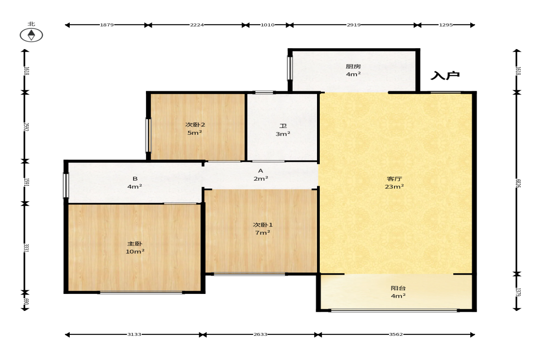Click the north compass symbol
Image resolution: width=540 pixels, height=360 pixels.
pyautogui.click(x=31, y=35)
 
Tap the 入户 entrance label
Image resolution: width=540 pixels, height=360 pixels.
pyautogui.click(x=445, y=75)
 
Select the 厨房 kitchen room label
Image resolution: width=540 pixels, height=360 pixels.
pyautogui.click(x=353, y=66)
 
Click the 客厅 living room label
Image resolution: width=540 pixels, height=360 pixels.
pyautogui.click(x=394, y=178)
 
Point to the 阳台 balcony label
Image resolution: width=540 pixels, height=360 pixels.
pyautogui.click(x=398, y=288)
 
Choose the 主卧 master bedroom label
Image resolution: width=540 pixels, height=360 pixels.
pyautogui.click(x=134, y=244)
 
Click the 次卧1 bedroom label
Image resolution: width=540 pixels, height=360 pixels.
pyautogui.click(x=263, y=225)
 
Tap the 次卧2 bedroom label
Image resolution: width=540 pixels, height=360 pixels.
pyautogui.click(x=195, y=125)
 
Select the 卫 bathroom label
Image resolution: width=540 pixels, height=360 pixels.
pyautogui.click(x=283, y=126)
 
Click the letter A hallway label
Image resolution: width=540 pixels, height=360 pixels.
pyautogui.click(x=261, y=171)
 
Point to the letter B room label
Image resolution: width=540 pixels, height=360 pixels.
pyautogui.click(x=135, y=178)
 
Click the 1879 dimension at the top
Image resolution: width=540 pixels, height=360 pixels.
pyautogui.click(x=107, y=25)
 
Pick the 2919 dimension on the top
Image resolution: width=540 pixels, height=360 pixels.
pyautogui.click(x=354, y=25)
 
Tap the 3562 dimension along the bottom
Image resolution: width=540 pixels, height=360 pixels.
pyautogui.click(x=395, y=334)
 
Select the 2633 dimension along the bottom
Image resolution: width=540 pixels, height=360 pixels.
pyautogui.click(x=260, y=334)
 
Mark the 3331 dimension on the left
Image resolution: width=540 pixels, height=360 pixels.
pyautogui.click(x=26, y=248)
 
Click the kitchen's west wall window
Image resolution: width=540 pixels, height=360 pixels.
pyautogui.click(x=289, y=68)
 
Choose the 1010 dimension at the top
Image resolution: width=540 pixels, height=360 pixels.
pyautogui.click(x=267, y=25)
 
